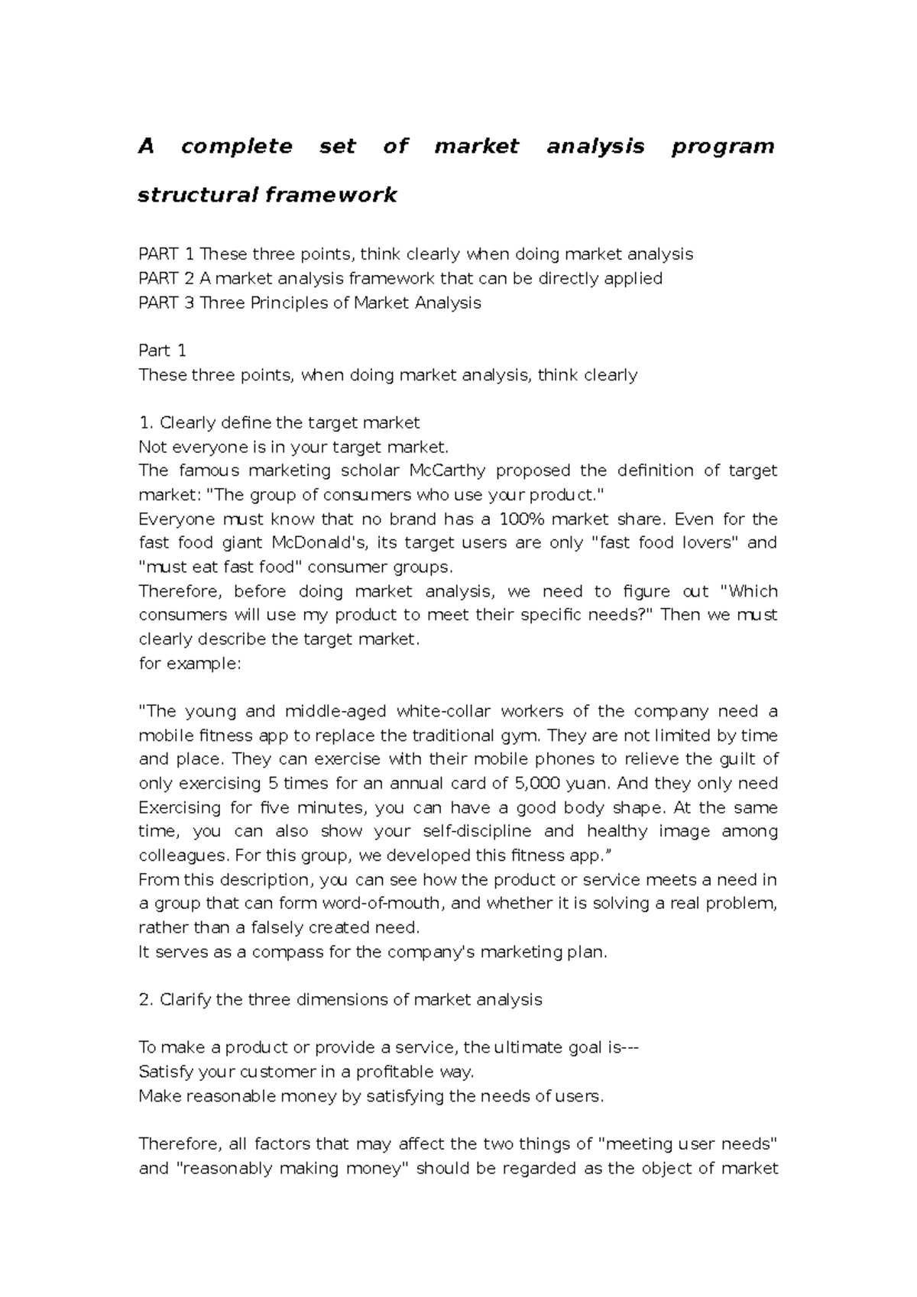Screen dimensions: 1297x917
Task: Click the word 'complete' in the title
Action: (237, 146)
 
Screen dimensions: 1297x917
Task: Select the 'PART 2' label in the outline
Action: (166, 278)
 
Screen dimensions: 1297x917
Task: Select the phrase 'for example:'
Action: (190, 663)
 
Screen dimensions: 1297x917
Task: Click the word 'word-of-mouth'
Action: (382, 904)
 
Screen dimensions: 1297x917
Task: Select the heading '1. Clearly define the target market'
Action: (279, 422)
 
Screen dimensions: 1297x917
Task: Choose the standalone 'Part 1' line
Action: (162, 351)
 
